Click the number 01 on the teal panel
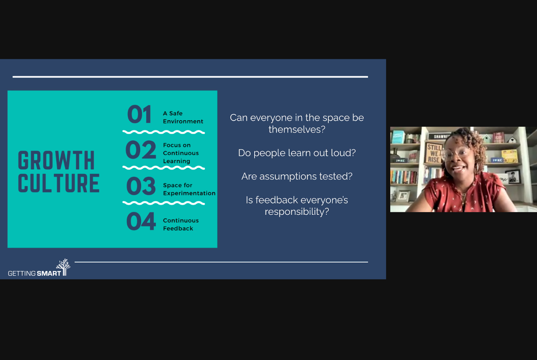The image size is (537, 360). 139,115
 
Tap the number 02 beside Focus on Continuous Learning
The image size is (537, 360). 141,150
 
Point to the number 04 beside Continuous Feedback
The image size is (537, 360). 141,221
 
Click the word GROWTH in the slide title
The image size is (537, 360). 56,160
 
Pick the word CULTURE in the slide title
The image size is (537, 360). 59,183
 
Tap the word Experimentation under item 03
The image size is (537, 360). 189,193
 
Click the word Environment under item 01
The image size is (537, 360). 183,121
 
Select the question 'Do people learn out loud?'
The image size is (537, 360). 297,153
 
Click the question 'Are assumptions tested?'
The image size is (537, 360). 297,176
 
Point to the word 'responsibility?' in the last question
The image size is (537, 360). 297,212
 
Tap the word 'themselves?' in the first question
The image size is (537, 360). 297,130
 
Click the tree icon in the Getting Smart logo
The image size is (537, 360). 63,267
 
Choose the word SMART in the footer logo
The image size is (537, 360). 49,273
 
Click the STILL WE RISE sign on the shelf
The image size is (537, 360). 434,153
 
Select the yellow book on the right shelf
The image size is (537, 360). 510,156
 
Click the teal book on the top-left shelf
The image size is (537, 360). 398,137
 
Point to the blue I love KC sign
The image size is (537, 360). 497,160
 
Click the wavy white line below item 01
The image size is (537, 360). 164,132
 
